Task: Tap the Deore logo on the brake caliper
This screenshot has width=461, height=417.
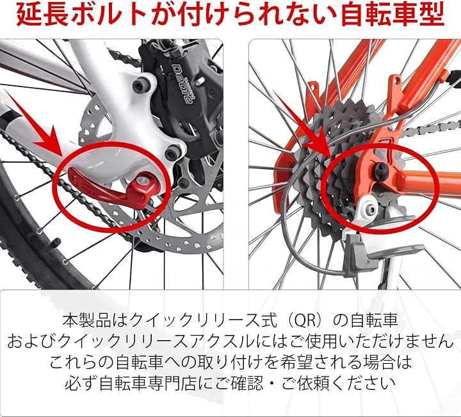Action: point(183,83)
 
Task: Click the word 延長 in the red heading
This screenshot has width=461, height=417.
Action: point(40,15)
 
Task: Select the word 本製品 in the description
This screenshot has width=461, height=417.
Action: point(86,320)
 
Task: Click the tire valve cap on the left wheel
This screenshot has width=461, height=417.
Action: point(55,243)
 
